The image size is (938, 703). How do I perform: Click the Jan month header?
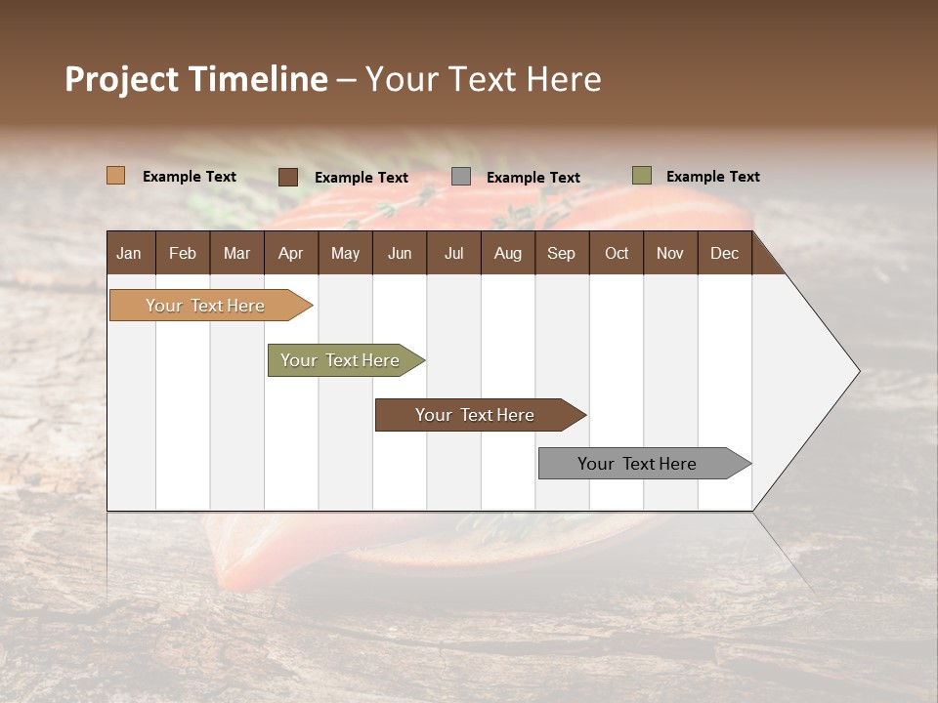pyautogui.click(x=130, y=253)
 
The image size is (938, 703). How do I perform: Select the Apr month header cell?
pyautogui.click(x=291, y=253)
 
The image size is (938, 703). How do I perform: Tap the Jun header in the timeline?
pyautogui.click(x=400, y=253)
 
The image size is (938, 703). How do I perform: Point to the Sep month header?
pyautogui.click(x=562, y=253)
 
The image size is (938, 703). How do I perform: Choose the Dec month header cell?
pyautogui.click(x=724, y=253)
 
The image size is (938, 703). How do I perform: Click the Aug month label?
pyautogui.click(x=508, y=253)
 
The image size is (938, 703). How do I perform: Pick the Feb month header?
pyautogui.click(x=183, y=253)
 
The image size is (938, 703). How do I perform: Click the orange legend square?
pyautogui.click(x=115, y=176)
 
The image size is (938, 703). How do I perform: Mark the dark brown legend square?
pyautogui.click(x=287, y=177)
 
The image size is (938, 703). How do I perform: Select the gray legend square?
pyautogui.click(x=460, y=177)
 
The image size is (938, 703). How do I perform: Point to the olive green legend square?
pyautogui.click(x=641, y=176)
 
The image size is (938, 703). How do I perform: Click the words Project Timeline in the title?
pyautogui.click(x=196, y=79)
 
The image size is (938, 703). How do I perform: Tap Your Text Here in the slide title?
pyautogui.click(x=484, y=79)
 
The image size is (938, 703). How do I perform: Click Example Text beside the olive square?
pyautogui.click(x=712, y=177)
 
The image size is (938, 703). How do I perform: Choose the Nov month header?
pyautogui.click(x=670, y=253)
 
